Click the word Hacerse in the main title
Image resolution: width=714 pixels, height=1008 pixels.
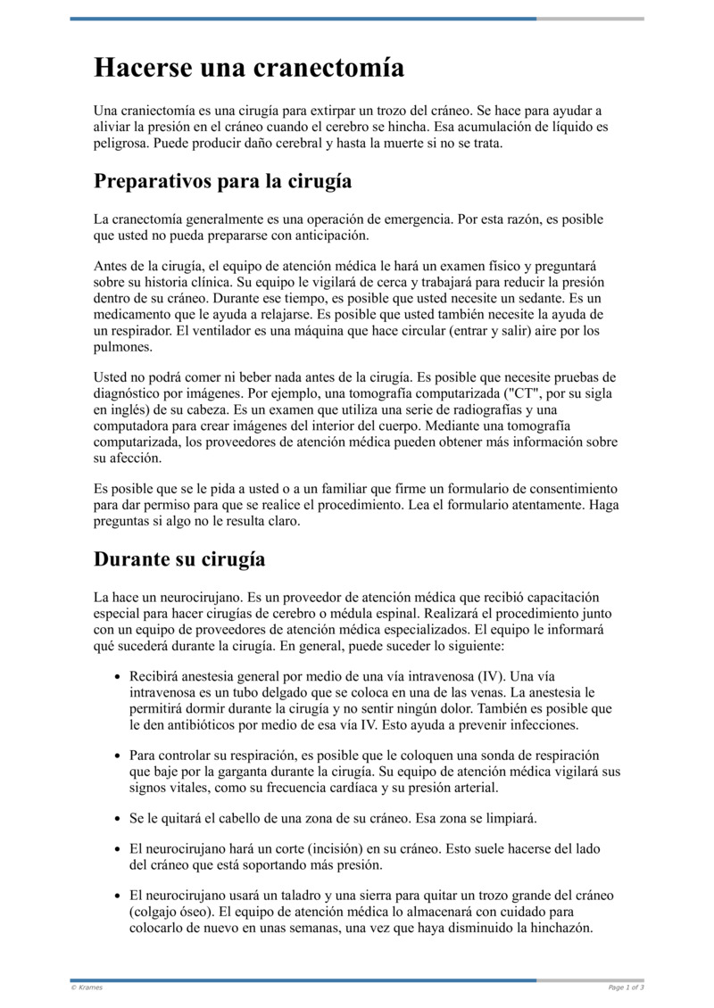click(x=144, y=68)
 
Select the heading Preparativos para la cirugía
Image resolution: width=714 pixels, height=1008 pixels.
click(x=222, y=181)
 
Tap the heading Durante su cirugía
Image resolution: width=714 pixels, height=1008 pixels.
click(x=179, y=560)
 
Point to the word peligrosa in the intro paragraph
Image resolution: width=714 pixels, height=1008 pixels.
click(x=120, y=142)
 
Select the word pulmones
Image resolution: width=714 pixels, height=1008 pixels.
click(x=120, y=347)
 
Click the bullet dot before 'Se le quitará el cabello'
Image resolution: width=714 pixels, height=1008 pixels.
click(x=117, y=819)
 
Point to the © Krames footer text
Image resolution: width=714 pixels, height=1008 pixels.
click(x=87, y=987)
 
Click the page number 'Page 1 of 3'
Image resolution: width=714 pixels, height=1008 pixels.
click(x=626, y=987)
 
